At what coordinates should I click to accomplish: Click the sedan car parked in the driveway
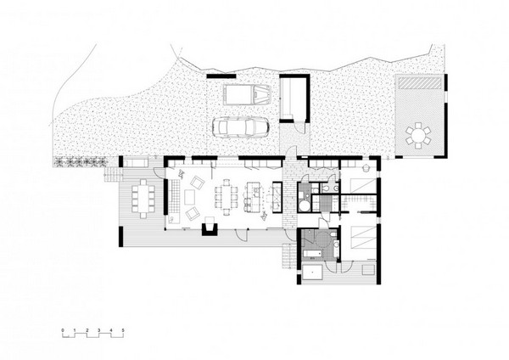tap(243, 127)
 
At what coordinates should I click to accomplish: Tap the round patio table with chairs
tap(419, 134)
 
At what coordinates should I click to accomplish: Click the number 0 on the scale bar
tap(63, 327)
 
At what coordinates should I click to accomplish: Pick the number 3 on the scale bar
tap(99, 327)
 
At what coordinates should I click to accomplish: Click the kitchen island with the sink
tap(251, 197)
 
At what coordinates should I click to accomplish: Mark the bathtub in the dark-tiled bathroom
tap(309, 251)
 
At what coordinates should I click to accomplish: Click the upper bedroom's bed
tap(360, 189)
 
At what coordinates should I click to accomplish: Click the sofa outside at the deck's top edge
tap(135, 161)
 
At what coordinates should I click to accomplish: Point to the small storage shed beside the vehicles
tap(293, 98)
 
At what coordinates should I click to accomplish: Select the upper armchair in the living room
tap(198, 181)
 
